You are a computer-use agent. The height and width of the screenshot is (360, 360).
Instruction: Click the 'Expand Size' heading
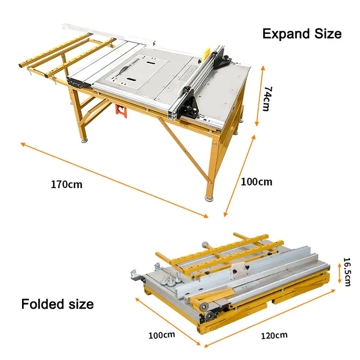coord(301,34)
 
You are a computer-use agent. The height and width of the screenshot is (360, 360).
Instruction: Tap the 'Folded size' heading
coord(57,304)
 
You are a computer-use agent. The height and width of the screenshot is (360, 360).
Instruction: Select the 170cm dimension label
coord(67,184)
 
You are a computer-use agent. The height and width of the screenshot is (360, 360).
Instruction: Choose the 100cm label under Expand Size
coord(256,182)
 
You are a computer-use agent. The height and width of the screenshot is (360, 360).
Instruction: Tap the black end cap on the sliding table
coord(74,82)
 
